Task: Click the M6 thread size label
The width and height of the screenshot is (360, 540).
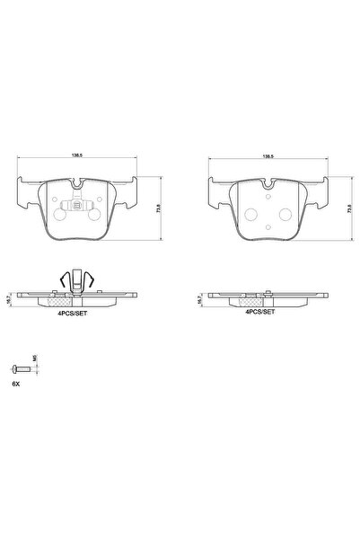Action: coord(35,359)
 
